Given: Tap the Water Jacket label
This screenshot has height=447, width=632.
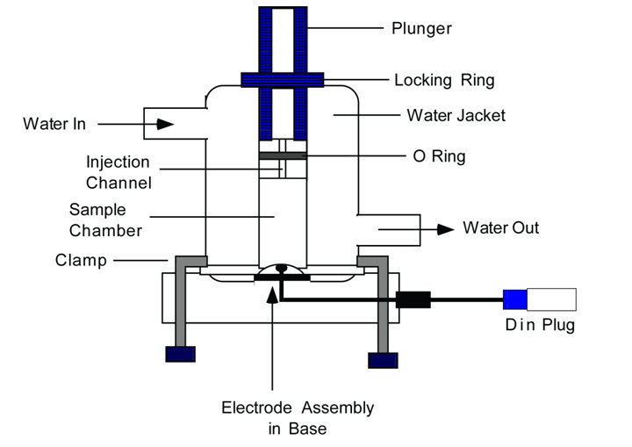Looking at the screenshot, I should pos(455,115).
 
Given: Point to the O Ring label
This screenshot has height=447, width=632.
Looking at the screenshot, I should pos(440,157).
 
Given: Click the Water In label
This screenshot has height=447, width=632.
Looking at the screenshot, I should pos(54,124).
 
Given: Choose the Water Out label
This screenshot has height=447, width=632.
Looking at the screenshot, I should pos(500,228).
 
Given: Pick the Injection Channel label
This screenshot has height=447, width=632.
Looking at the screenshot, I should pos(118,173).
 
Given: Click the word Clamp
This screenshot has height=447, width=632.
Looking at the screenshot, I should pos(80,260).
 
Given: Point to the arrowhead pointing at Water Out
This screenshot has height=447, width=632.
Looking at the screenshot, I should pos(446,229).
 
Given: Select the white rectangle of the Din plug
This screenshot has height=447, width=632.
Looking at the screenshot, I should pos(550,300).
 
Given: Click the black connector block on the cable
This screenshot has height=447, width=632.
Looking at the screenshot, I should pos(413,299).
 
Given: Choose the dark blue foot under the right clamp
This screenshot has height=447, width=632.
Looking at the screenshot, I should pos(383,359).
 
